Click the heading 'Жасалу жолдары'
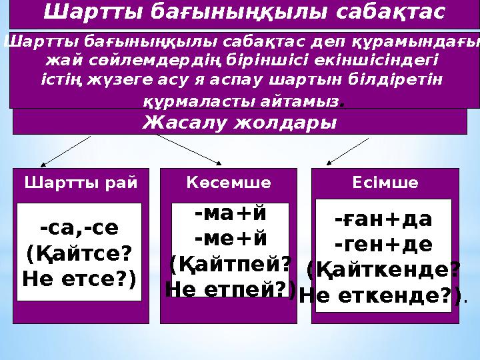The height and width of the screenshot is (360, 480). tap(240, 123)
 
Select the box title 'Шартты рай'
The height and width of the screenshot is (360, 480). tap(81, 183)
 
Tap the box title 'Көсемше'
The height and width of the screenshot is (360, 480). tap(229, 183)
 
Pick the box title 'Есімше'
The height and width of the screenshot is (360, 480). tap(385, 183)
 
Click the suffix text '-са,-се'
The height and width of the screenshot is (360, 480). tap(79, 228)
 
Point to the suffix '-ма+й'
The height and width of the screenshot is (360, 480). tap(230, 214)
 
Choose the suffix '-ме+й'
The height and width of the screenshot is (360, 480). tap(230, 239)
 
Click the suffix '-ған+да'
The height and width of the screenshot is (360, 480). tap(383, 219)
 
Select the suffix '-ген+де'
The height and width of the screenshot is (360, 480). tap(383, 245)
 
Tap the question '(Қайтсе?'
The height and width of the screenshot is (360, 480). tap(79, 254)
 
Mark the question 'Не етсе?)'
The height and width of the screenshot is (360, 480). tap(79, 279)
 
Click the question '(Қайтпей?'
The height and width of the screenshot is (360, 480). tap(230, 265)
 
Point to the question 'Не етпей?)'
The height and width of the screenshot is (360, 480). tap(231, 290)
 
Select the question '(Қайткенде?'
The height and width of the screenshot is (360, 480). tap(383, 271)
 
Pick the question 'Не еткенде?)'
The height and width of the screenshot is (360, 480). tap(381, 296)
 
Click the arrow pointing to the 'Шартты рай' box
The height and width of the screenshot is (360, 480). tap(66, 151)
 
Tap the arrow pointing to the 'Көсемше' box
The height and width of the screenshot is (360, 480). tap(189, 150)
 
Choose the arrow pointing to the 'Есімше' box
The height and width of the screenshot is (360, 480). tap(347, 151)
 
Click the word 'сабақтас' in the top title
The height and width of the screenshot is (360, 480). tap(390, 11)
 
